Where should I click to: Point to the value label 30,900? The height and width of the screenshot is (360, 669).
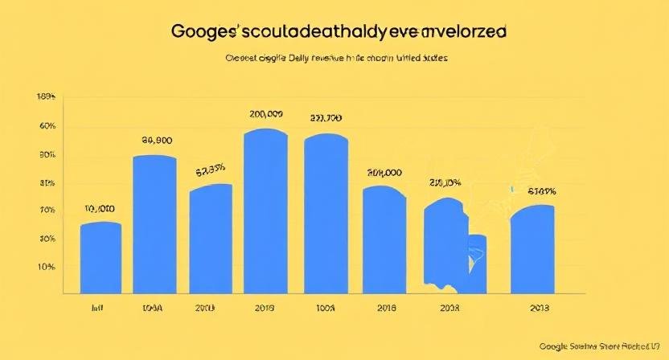[x=158, y=139]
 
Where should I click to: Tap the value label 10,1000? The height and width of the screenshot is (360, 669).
[x=100, y=209]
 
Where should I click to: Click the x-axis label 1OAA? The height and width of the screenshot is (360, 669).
[x=153, y=308]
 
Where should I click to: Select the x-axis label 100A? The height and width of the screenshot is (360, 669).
[x=325, y=308]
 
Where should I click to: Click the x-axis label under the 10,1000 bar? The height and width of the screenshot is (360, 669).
[x=99, y=308]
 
